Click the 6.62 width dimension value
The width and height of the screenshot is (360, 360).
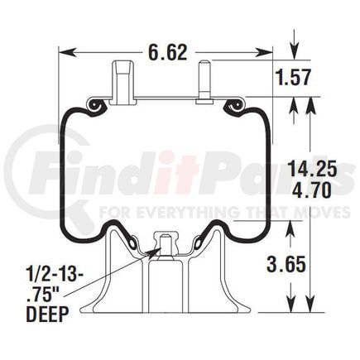pos(168,52)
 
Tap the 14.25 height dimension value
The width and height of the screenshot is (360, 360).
pos(312,169)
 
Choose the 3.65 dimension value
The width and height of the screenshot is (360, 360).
pos(286,264)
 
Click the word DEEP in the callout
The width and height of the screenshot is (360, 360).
pos(47,314)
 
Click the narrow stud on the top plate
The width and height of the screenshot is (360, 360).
pos(204,82)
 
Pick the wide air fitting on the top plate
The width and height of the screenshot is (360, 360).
pos(123,83)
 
